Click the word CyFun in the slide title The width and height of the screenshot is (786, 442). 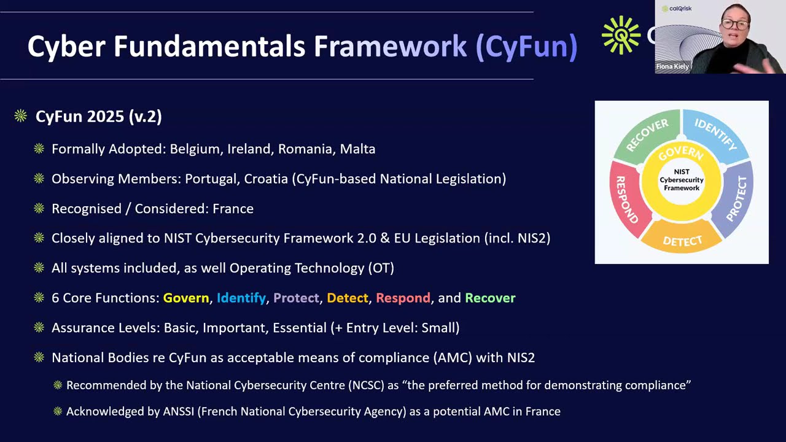coord(526,47)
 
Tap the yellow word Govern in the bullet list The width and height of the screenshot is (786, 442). coord(186,298)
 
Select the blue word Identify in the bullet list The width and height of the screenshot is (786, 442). coord(241,298)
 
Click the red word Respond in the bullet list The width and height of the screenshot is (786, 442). coord(403,298)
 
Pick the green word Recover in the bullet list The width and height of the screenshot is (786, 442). coord(490,298)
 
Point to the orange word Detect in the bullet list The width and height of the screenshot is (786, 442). coord(348,298)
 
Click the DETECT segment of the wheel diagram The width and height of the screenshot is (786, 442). coord(682,240)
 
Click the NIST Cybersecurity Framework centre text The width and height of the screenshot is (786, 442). coord(682,180)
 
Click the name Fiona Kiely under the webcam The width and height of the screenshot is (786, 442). coord(672,66)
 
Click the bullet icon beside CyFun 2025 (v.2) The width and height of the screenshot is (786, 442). coord(21,116)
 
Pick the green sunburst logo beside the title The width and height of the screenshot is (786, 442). coord(621,36)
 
